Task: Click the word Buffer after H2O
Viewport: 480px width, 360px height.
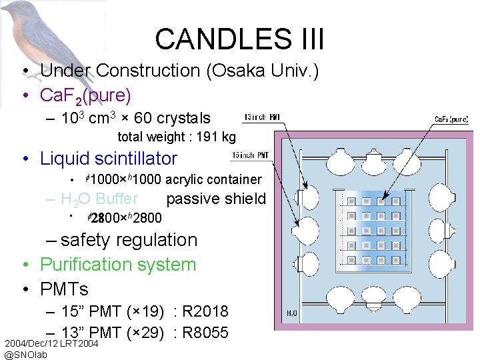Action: [117, 199]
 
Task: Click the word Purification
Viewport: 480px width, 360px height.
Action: [118, 265]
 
